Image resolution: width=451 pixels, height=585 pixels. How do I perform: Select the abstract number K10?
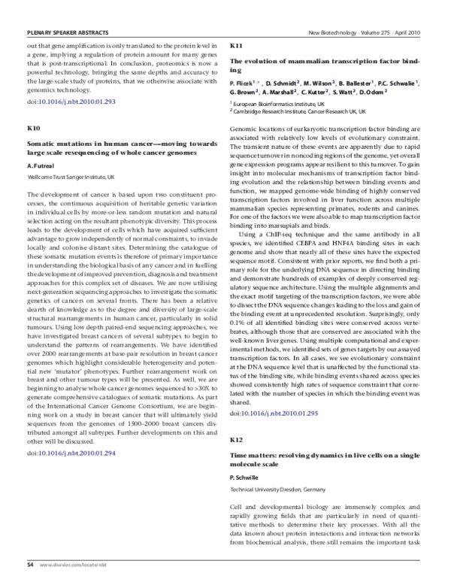click(x=35, y=129)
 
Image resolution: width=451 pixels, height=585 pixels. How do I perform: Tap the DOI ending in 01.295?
click(x=271, y=414)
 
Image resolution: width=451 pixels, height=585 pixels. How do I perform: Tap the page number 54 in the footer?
click(x=30, y=563)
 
